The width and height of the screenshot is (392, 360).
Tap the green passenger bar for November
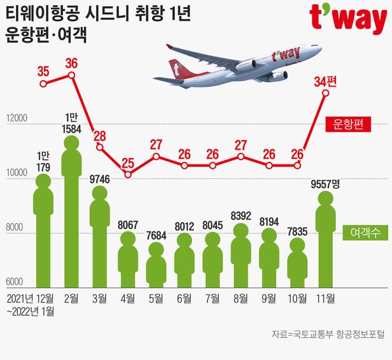tap(325, 248)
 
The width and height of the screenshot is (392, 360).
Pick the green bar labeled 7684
tap(156, 268)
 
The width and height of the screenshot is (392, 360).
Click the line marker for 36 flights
tap(71, 75)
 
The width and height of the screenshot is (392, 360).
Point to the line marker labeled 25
tap(128, 173)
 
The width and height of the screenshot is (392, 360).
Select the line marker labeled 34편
tap(325, 93)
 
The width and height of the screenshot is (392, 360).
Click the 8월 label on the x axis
tap(241, 298)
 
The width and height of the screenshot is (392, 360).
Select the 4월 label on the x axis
tap(128, 298)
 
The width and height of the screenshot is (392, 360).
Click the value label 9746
tap(101, 179)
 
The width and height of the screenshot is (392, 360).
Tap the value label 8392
tap(241, 215)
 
